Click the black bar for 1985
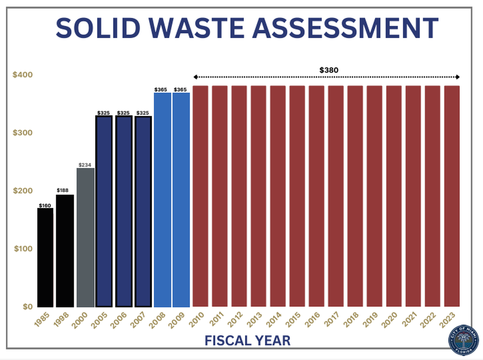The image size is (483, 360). pyautogui.click(x=45, y=257)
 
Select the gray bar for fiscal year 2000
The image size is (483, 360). pyautogui.click(x=85, y=237)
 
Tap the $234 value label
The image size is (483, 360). pyautogui.click(x=85, y=165)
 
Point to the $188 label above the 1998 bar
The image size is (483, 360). pyautogui.click(x=64, y=191)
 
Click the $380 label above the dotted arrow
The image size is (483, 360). pyautogui.click(x=329, y=70)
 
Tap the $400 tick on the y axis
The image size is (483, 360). pyautogui.click(x=22, y=75)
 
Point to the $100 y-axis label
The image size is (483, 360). pyautogui.click(x=22, y=248)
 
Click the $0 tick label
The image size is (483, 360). pyautogui.click(x=26, y=306)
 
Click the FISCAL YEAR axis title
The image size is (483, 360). pyautogui.click(x=248, y=340)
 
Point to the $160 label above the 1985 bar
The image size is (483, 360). pyautogui.click(x=45, y=205)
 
